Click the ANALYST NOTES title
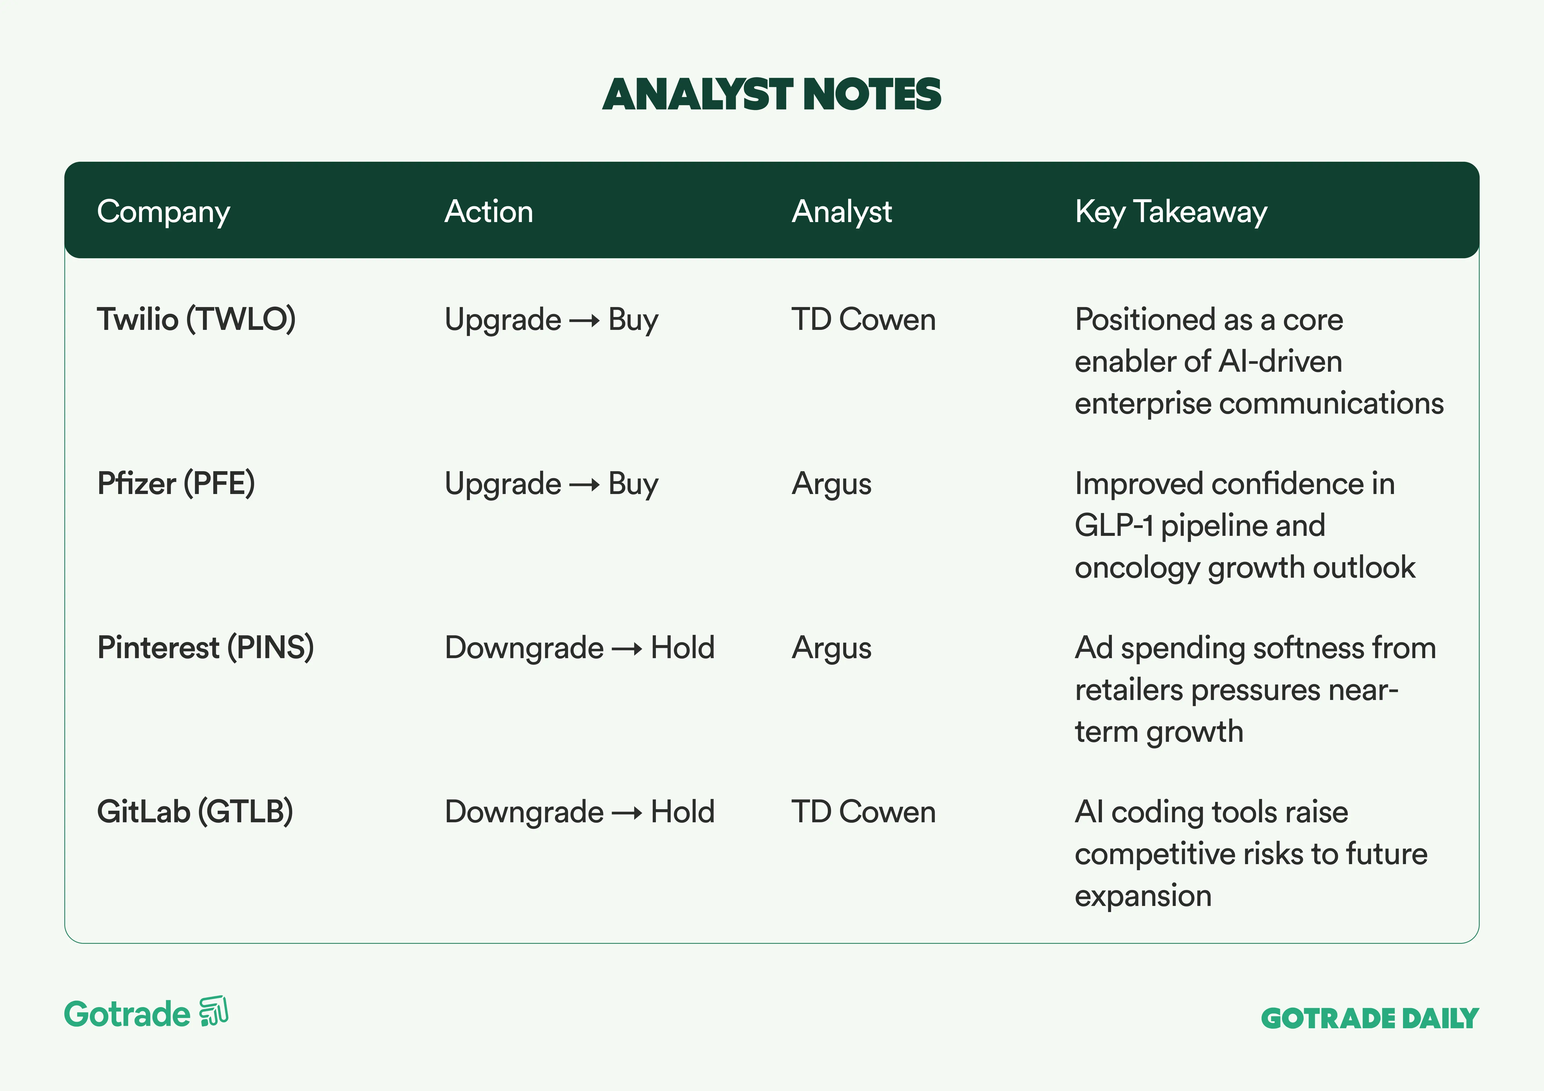coord(771,94)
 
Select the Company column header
coord(164,212)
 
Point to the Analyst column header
coord(842,212)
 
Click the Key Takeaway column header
coord(1171,212)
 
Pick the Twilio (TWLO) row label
coord(196,319)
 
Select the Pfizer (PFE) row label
coord(176,484)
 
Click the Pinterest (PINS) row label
coord(206,648)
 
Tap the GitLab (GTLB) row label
coord(195,812)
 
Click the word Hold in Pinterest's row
coord(682,648)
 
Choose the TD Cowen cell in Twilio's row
coord(863,319)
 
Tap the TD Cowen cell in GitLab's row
coord(863,812)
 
